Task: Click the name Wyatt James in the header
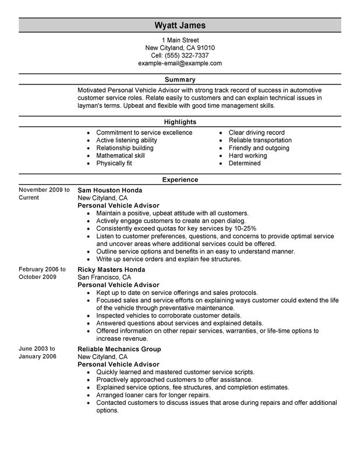point(180,26)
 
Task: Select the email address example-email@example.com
point(180,63)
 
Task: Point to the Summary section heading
point(180,79)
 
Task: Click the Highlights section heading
point(180,122)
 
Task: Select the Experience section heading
point(180,180)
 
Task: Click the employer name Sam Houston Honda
point(110,190)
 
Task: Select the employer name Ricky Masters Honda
point(112,270)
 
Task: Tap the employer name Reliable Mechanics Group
point(119,349)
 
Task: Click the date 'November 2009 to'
point(44,190)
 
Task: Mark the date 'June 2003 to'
point(37,348)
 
